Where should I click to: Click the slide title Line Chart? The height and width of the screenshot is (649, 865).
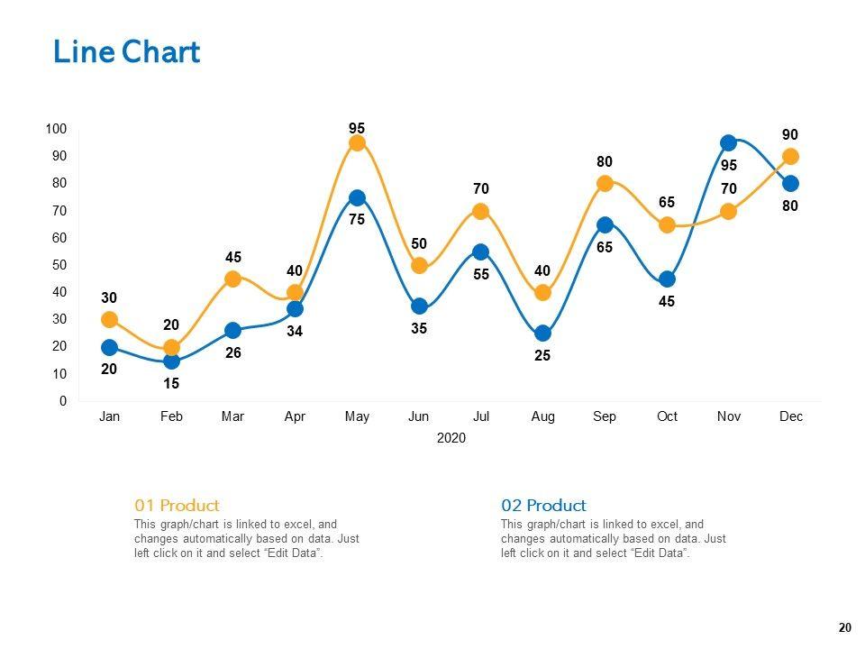tap(126, 52)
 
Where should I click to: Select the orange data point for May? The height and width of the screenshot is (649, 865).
tap(357, 143)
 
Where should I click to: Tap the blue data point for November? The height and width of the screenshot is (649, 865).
tap(728, 143)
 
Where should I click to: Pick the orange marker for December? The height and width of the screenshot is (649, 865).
tap(790, 157)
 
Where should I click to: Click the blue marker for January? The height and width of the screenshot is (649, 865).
tap(109, 347)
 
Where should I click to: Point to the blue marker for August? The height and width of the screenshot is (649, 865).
tap(542, 334)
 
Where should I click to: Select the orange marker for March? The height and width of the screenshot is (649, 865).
tap(233, 279)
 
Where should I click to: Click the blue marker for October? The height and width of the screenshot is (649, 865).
tap(667, 279)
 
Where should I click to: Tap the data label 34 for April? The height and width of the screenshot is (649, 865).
tap(295, 332)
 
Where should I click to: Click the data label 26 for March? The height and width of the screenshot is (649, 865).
tap(233, 353)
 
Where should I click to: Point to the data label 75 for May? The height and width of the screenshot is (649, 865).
tap(357, 218)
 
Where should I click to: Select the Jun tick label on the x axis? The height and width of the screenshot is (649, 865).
tap(419, 416)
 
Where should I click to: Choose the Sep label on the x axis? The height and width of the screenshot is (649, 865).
tap(605, 416)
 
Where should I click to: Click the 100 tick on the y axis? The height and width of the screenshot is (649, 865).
tap(56, 130)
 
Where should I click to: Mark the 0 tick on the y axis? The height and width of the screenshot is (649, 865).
tap(62, 401)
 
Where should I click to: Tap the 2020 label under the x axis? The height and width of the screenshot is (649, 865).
tap(451, 439)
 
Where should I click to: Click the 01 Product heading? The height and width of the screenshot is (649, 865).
tap(177, 505)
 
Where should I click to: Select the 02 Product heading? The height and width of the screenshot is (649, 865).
tap(543, 505)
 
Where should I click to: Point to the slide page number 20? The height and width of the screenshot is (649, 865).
tap(844, 628)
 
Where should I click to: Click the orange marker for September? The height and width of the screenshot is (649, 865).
tap(605, 184)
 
